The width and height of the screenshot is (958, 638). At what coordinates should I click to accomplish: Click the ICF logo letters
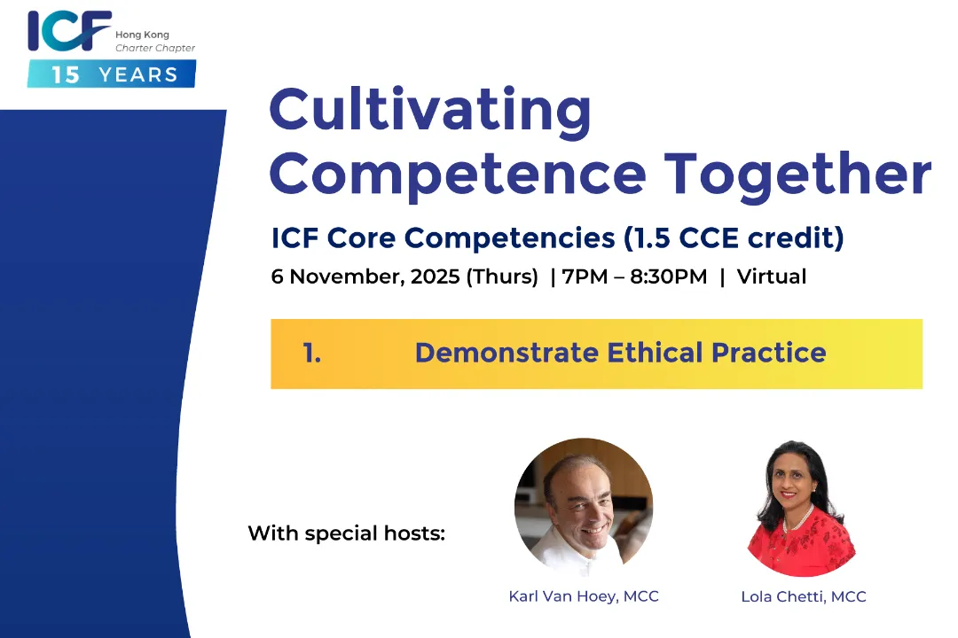[69, 30]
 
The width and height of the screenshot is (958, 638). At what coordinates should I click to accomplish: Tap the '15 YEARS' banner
[112, 74]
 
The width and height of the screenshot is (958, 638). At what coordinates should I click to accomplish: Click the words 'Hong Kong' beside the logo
[142, 35]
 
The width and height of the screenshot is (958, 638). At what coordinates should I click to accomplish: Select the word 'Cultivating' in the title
[430, 110]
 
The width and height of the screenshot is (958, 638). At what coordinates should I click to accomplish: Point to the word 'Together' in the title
[798, 175]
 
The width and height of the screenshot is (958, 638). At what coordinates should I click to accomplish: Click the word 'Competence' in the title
[458, 175]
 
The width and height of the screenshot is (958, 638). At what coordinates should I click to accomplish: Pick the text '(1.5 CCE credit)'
[734, 238]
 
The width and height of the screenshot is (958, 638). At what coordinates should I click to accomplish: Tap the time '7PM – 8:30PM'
[635, 276]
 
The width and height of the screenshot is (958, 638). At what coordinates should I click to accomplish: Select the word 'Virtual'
[772, 276]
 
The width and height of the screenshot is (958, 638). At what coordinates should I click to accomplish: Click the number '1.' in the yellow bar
[312, 353]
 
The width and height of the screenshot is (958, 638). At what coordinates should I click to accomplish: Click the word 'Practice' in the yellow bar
[768, 353]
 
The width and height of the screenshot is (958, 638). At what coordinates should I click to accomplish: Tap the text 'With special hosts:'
[347, 533]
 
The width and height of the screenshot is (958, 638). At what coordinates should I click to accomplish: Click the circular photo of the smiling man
[584, 507]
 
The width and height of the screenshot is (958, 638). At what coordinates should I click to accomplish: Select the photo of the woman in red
[801, 508]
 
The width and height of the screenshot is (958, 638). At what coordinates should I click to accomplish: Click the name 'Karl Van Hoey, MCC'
[584, 595]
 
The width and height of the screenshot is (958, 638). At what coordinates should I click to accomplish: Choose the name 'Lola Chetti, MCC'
[804, 596]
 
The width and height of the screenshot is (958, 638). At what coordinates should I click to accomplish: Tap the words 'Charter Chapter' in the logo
[155, 48]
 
